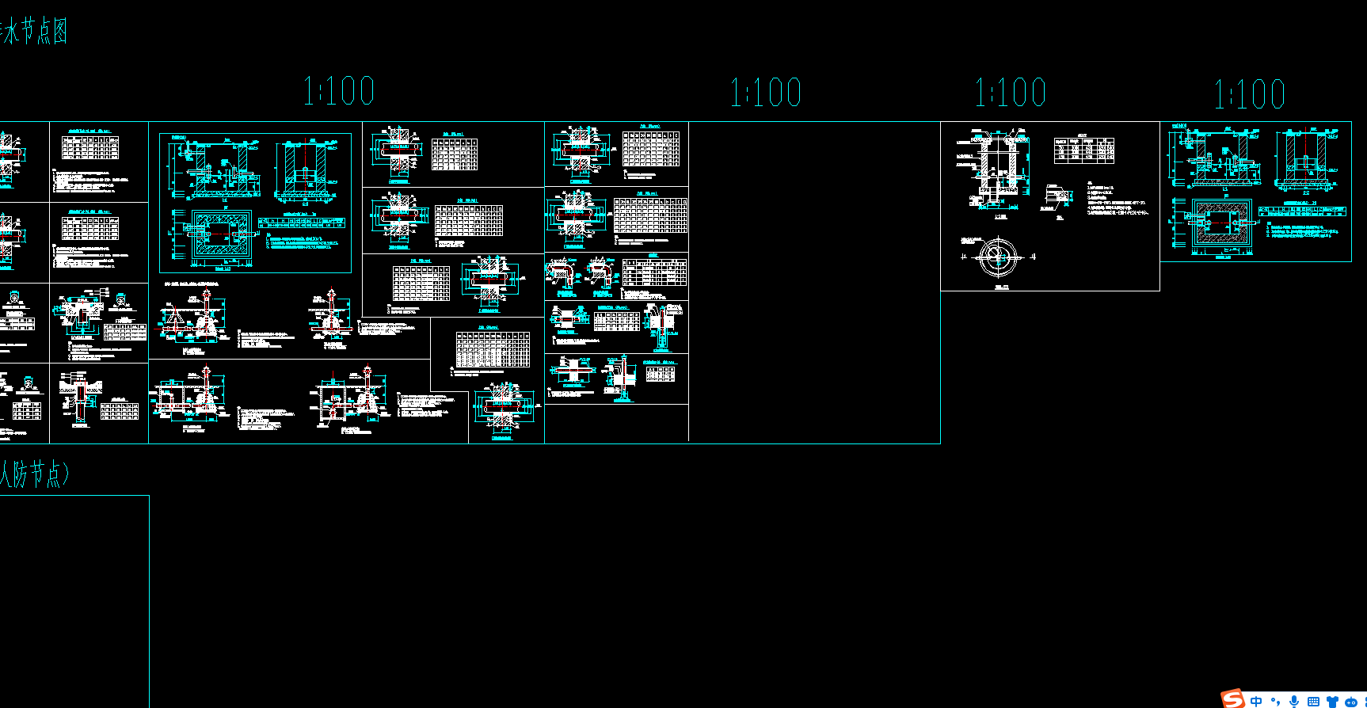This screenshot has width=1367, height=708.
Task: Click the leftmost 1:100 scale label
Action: (x=339, y=91)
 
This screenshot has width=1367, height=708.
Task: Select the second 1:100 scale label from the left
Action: (x=765, y=93)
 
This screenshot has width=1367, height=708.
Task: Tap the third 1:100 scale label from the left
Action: (x=1011, y=93)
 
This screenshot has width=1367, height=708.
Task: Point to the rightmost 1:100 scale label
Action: (x=1250, y=94)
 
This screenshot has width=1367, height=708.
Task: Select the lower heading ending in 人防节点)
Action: (x=34, y=474)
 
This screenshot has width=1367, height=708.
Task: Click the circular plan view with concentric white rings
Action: (x=997, y=257)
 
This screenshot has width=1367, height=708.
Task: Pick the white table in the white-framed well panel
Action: (x=1083, y=150)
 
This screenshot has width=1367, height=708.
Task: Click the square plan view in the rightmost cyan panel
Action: (x=1222, y=225)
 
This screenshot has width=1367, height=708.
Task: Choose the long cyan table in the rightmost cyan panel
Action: (x=1302, y=211)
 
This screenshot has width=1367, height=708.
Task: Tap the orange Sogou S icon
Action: (x=1232, y=698)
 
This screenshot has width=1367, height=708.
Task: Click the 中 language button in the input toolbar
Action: (x=1256, y=702)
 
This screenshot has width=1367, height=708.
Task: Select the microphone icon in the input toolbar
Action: (x=1294, y=702)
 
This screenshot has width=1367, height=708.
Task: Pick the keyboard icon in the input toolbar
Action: (x=1313, y=702)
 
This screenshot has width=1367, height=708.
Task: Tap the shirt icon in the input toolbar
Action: (x=1332, y=702)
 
